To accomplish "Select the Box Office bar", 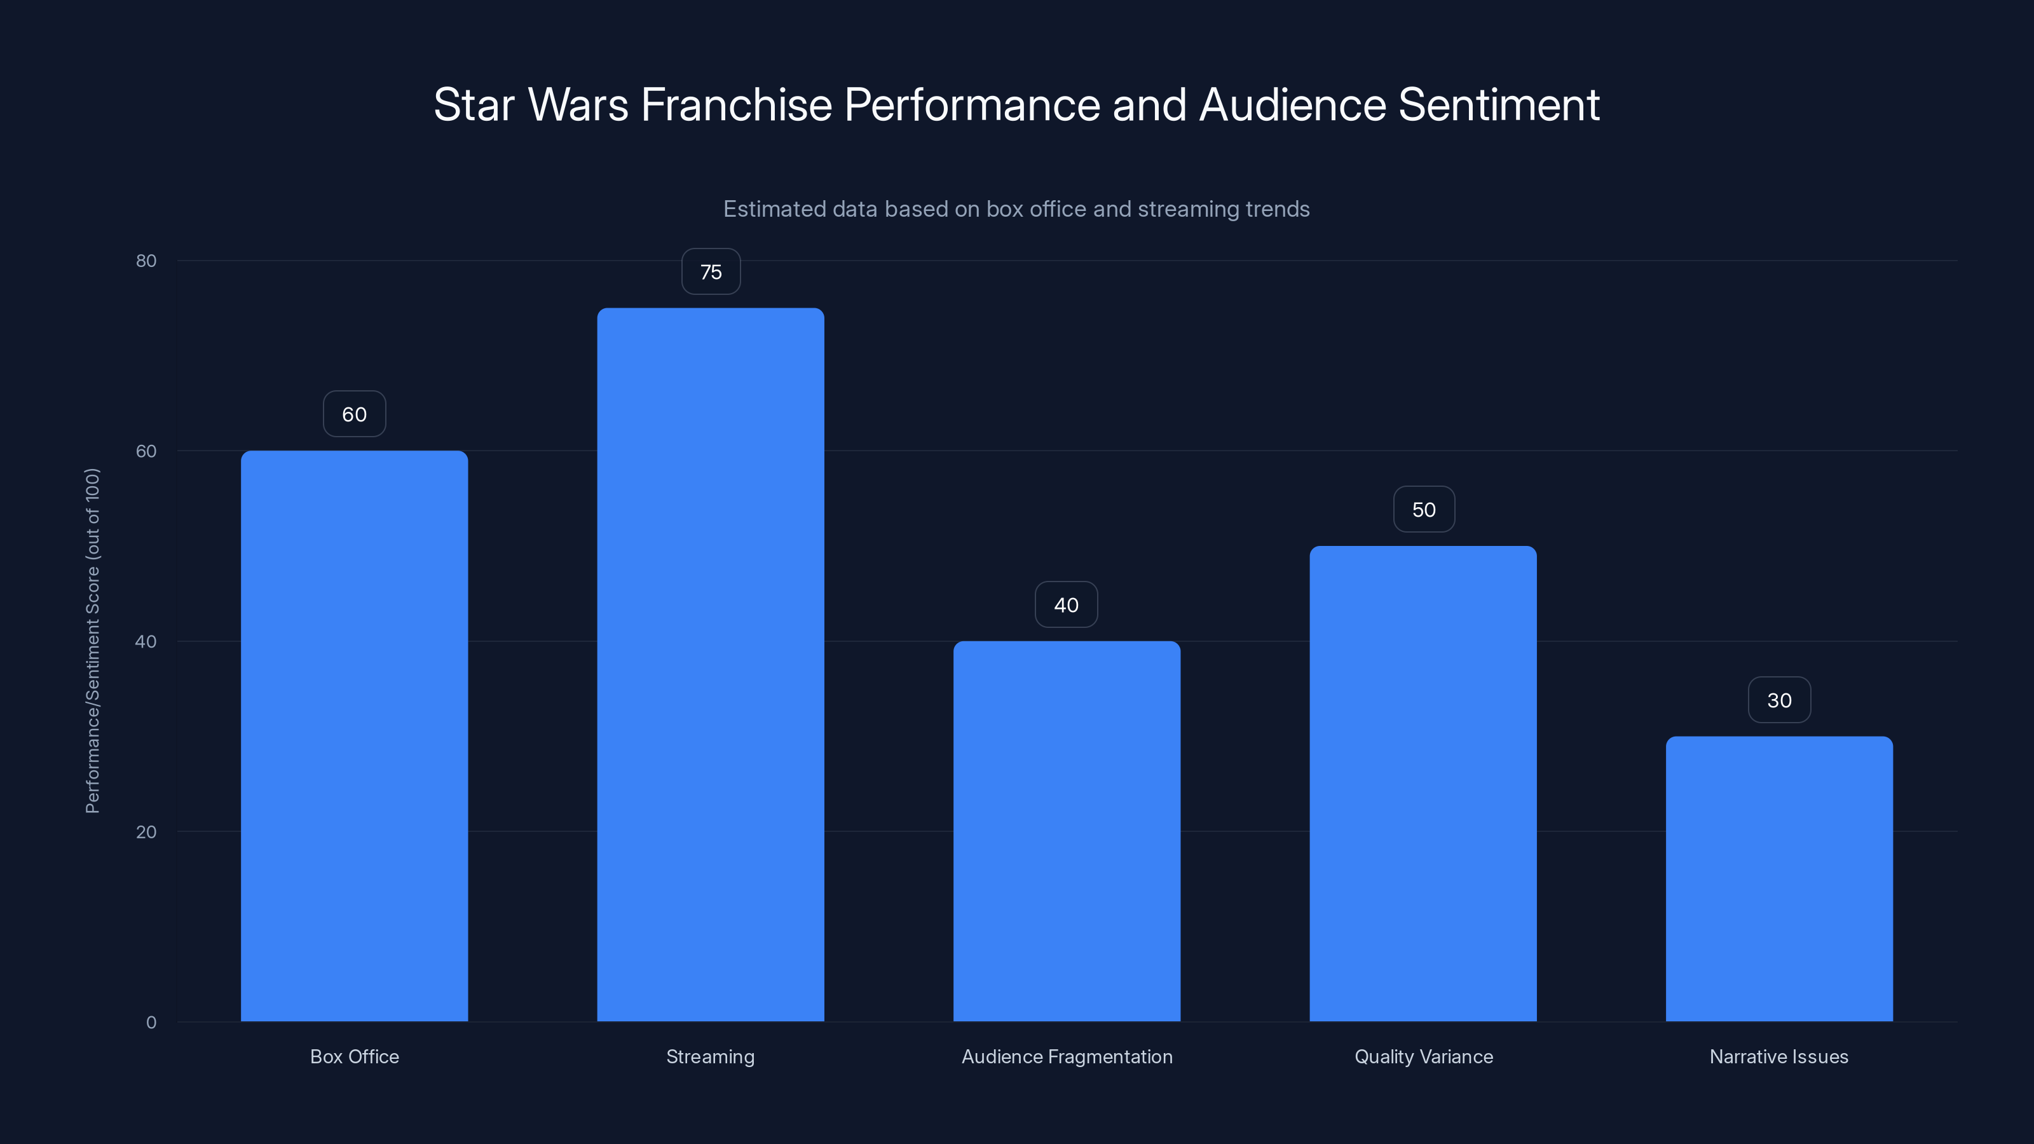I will coord(354,736).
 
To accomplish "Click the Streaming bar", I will coord(710,665).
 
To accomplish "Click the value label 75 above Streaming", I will coord(711,271).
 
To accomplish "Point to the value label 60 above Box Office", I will coord(354,414).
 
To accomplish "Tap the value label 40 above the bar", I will coord(1066,605).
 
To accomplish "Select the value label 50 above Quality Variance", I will coord(1424,509).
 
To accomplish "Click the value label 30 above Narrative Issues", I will coord(1779,700).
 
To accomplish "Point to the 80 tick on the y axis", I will coord(146,261).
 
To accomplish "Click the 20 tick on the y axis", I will coord(146,831).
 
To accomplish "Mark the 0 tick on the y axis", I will coord(151,1023).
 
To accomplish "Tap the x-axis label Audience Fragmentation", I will coord(1067,1056).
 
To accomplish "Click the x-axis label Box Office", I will coord(354,1056).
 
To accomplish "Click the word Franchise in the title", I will coord(736,104).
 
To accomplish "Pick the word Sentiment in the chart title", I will coord(1498,104).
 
